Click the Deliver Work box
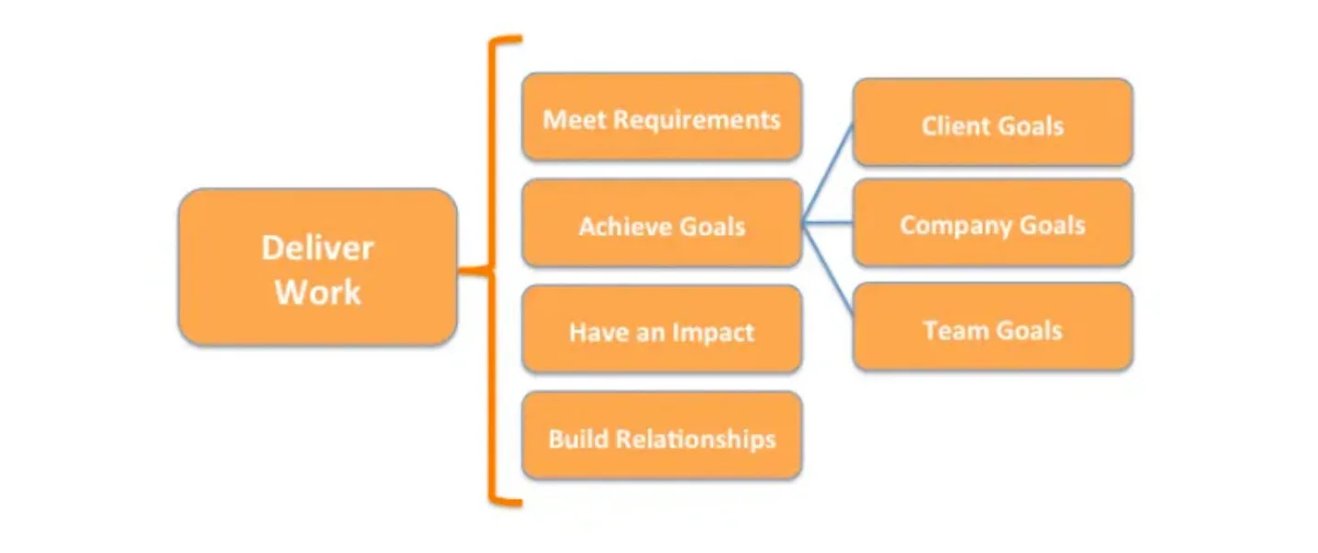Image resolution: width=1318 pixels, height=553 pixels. click(317, 267)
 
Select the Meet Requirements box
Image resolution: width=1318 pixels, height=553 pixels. click(661, 118)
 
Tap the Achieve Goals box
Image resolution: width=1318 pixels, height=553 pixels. click(661, 225)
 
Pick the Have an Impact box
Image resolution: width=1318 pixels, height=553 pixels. click(661, 330)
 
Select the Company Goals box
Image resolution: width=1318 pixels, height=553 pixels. click(992, 224)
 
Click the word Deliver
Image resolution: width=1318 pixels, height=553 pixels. click(317, 248)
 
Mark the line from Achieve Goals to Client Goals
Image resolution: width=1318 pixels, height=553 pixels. click(828, 173)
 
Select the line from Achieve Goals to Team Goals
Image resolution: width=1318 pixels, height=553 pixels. click(828, 269)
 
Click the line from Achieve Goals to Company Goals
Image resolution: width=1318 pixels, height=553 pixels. click(828, 222)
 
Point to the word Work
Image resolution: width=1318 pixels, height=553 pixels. click(318, 293)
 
